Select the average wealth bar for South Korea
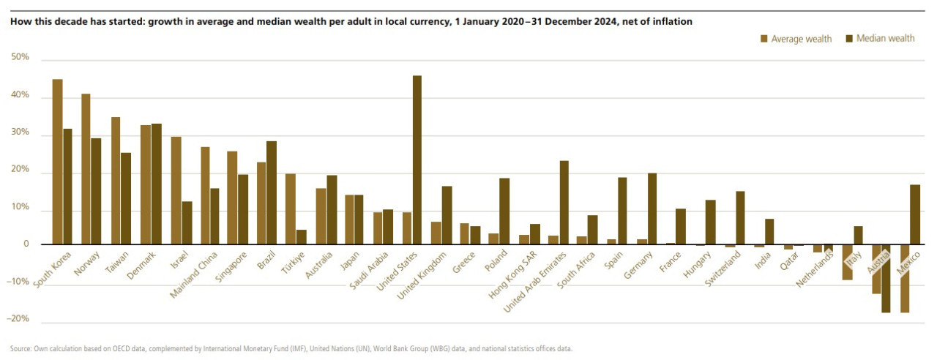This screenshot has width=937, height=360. [57, 161]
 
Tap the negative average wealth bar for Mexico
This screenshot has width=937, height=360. [905, 278]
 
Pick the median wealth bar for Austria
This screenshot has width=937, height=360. [886, 278]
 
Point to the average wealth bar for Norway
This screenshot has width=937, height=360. [86, 168]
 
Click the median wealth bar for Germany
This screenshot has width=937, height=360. [652, 209]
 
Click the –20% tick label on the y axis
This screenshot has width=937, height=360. [20, 319]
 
